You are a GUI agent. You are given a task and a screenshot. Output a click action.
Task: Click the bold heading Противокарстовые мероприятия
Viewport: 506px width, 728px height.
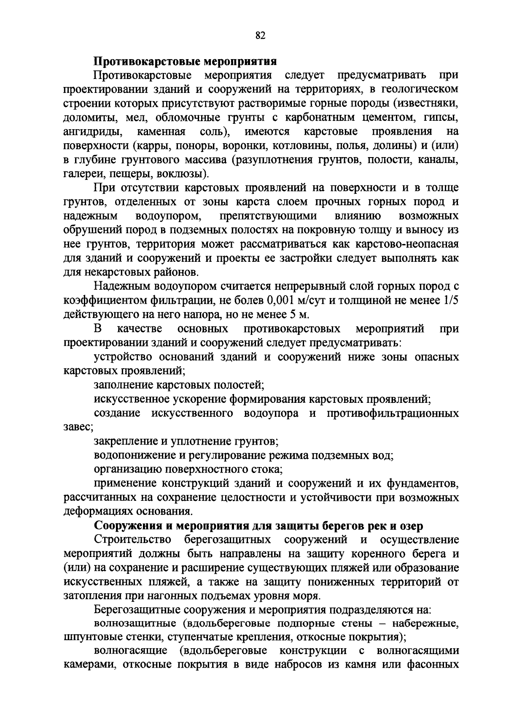pyautogui.click(x=185, y=61)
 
